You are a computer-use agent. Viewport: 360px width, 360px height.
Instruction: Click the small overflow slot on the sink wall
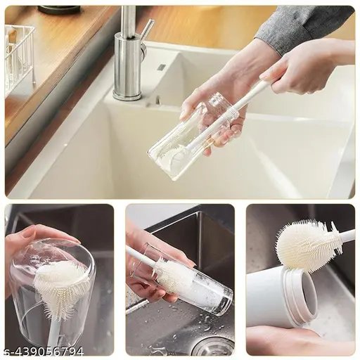coord(161,67)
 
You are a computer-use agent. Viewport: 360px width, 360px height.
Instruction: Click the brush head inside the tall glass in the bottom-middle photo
coord(173,275)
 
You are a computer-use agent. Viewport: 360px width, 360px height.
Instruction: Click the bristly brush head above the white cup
coord(307,245)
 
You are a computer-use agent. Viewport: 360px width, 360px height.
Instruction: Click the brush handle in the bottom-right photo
coord(346,236)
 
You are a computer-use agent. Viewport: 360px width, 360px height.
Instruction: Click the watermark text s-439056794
coord(44,351)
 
